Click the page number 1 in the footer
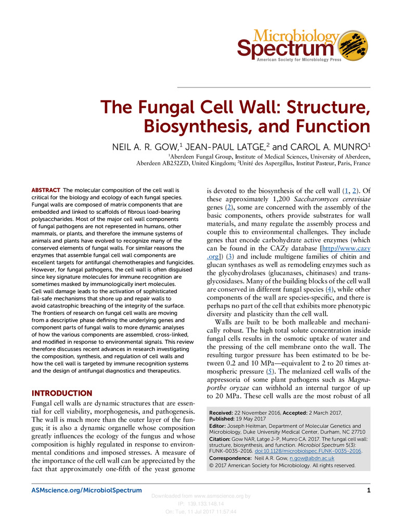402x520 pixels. click(368, 490)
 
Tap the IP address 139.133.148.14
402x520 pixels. click(201, 504)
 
